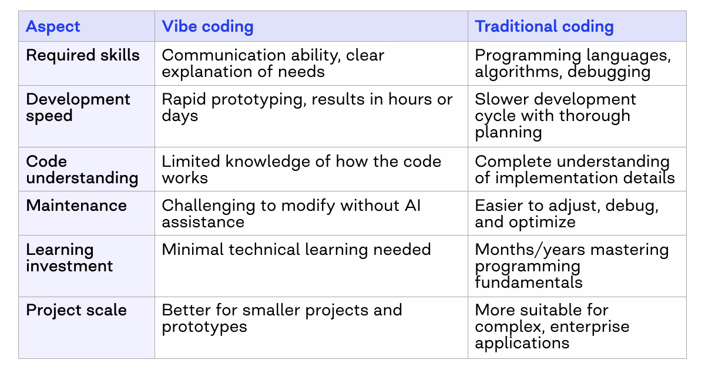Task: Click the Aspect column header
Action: point(53,26)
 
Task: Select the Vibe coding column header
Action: point(207,26)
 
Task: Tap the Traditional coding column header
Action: point(544,26)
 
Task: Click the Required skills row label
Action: point(83,55)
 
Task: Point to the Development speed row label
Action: point(78,107)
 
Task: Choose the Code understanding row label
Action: point(82,170)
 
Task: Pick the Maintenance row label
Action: point(76,206)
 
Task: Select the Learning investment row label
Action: point(69,258)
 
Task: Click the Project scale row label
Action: point(76,310)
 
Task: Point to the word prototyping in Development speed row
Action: point(258,99)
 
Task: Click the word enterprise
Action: point(593,327)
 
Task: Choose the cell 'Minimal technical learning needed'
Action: point(296,250)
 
